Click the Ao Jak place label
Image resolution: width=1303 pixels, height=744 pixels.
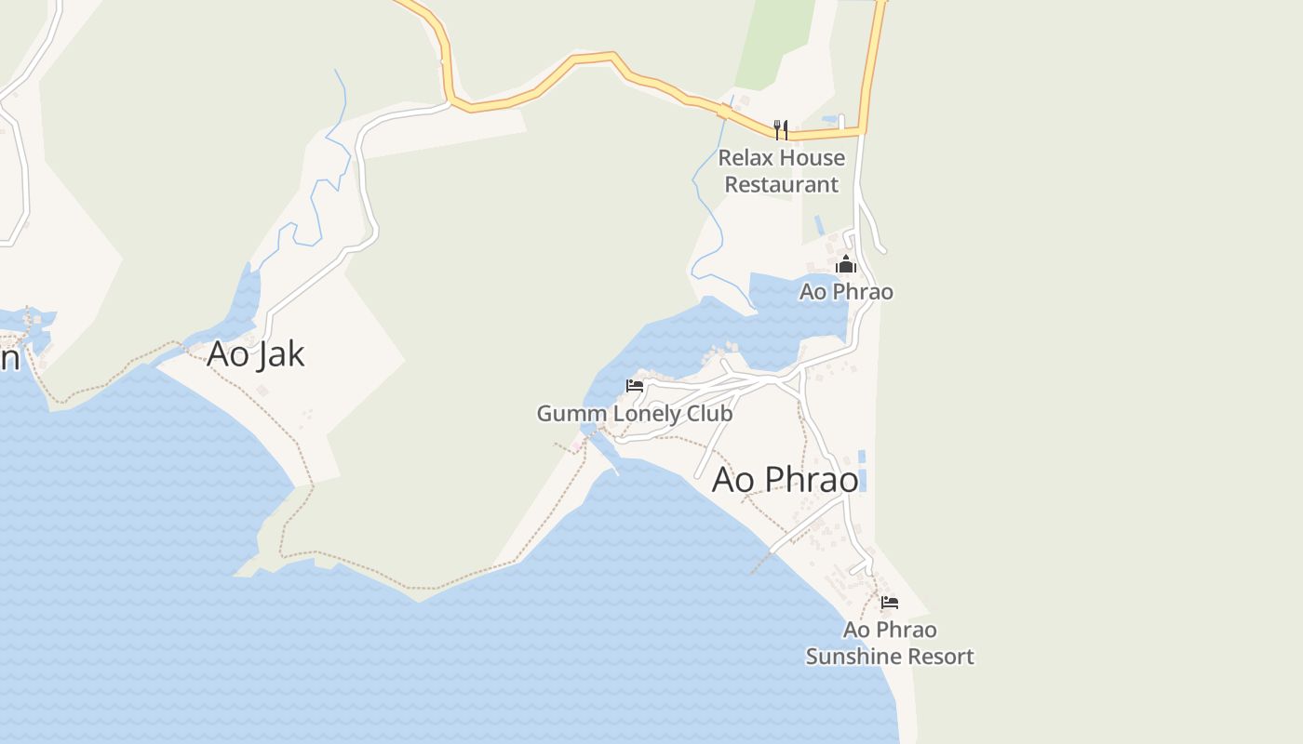pyautogui.click(x=256, y=354)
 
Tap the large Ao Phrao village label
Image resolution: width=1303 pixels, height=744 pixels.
pyautogui.click(x=785, y=480)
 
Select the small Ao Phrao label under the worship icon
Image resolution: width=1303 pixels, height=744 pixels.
pyautogui.click(x=846, y=292)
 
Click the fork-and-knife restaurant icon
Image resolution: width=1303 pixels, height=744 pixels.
pyautogui.click(x=781, y=129)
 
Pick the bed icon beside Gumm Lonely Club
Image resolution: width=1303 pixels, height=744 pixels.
pyautogui.click(x=635, y=386)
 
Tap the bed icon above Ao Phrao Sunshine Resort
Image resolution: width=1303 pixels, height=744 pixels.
pyautogui.click(x=890, y=603)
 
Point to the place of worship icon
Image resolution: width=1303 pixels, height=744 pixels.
pyautogui.click(x=845, y=265)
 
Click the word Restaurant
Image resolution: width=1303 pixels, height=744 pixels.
pyautogui.click(x=782, y=184)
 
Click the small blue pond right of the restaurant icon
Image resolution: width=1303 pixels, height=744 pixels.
pyautogui.click(x=829, y=120)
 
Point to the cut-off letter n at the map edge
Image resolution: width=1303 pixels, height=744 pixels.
pyautogui.click(x=9, y=358)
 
